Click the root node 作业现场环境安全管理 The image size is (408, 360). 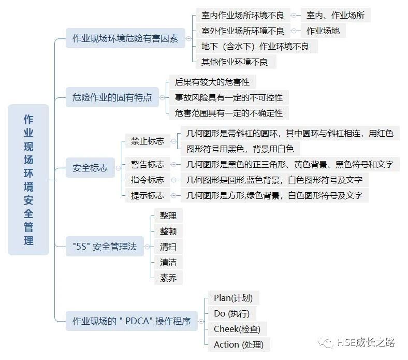[28, 180]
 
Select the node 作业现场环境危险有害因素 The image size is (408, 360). [125, 38]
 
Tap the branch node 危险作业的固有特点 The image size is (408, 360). [112, 97]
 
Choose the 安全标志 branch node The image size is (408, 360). [90, 168]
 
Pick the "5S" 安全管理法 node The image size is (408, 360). [105, 247]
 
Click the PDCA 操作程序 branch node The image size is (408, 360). [132, 321]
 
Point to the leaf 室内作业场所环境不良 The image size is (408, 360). [243, 16]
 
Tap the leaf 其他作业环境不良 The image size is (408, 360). [235, 62]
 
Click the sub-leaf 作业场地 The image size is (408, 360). [323, 31]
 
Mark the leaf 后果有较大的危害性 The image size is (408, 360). [212, 82]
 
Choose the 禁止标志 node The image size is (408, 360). [148, 141]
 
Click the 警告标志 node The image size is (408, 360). [148, 165]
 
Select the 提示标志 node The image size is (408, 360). [148, 196]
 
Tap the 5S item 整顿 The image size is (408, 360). [168, 231]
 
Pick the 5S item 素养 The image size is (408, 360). [168, 278]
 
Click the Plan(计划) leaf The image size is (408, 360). [233, 298]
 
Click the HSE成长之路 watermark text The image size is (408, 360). [366, 342]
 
